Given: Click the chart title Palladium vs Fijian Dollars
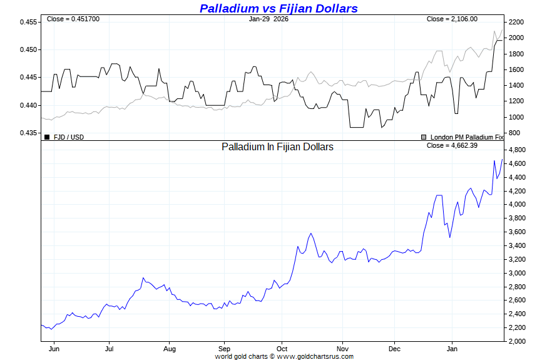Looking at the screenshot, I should tap(278, 8).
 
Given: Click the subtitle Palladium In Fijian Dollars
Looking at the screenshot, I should tap(277, 147).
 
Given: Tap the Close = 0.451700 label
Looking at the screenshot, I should tap(73, 19).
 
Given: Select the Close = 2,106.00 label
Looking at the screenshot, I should tap(452, 19).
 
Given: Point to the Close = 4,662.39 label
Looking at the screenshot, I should tap(452, 146).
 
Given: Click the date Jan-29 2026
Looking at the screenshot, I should tap(268, 19).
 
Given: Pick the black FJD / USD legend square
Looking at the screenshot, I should tap(47, 136).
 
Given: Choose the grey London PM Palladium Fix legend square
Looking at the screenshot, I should tap(424, 136).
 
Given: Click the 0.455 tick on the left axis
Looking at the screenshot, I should tap(29, 22).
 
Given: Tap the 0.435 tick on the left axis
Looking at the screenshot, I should tap(29, 133).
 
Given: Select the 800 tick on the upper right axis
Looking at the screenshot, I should tap(514, 133).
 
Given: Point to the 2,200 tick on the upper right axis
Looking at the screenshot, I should tap(516, 22).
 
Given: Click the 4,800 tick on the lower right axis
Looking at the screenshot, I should tap(516, 150).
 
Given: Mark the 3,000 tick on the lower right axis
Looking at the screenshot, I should tap(516, 273).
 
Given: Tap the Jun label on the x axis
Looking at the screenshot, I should tap(54, 348).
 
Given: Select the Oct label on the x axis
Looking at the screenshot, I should tap(282, 348).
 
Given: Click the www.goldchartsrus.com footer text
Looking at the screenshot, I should tap(315, 356).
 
